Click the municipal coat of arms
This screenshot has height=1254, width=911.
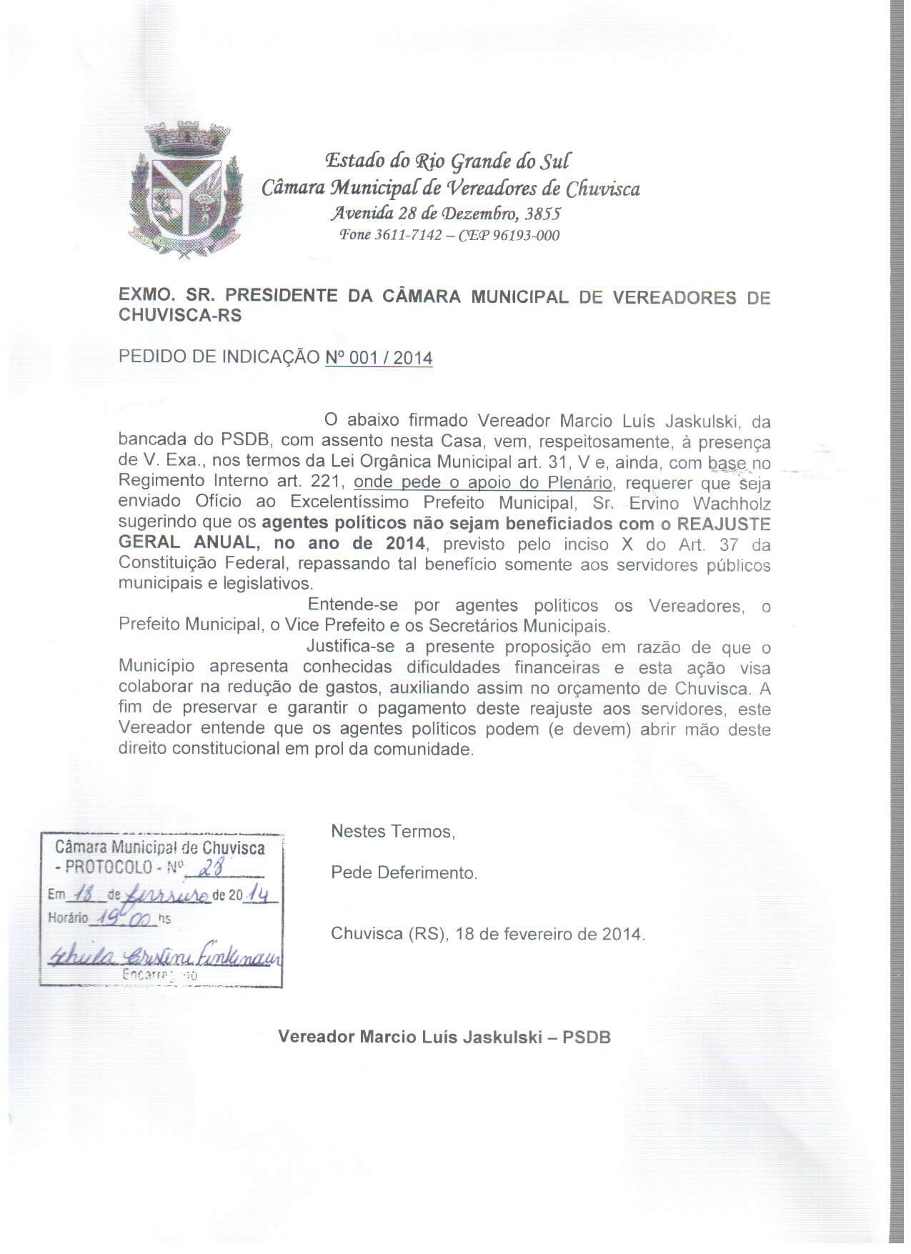click(185, 189)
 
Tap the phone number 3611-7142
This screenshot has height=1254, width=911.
click(408, 236)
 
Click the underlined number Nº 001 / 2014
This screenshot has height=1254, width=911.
click(379, 357)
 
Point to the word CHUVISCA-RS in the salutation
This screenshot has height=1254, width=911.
click(180, 316)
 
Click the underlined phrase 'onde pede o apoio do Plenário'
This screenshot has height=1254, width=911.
click(483, 482)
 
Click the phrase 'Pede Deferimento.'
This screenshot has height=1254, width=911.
click(404, 873)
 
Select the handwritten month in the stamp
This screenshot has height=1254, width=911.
click(167, 895)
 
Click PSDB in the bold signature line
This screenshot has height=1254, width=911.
click(587, 1037)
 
